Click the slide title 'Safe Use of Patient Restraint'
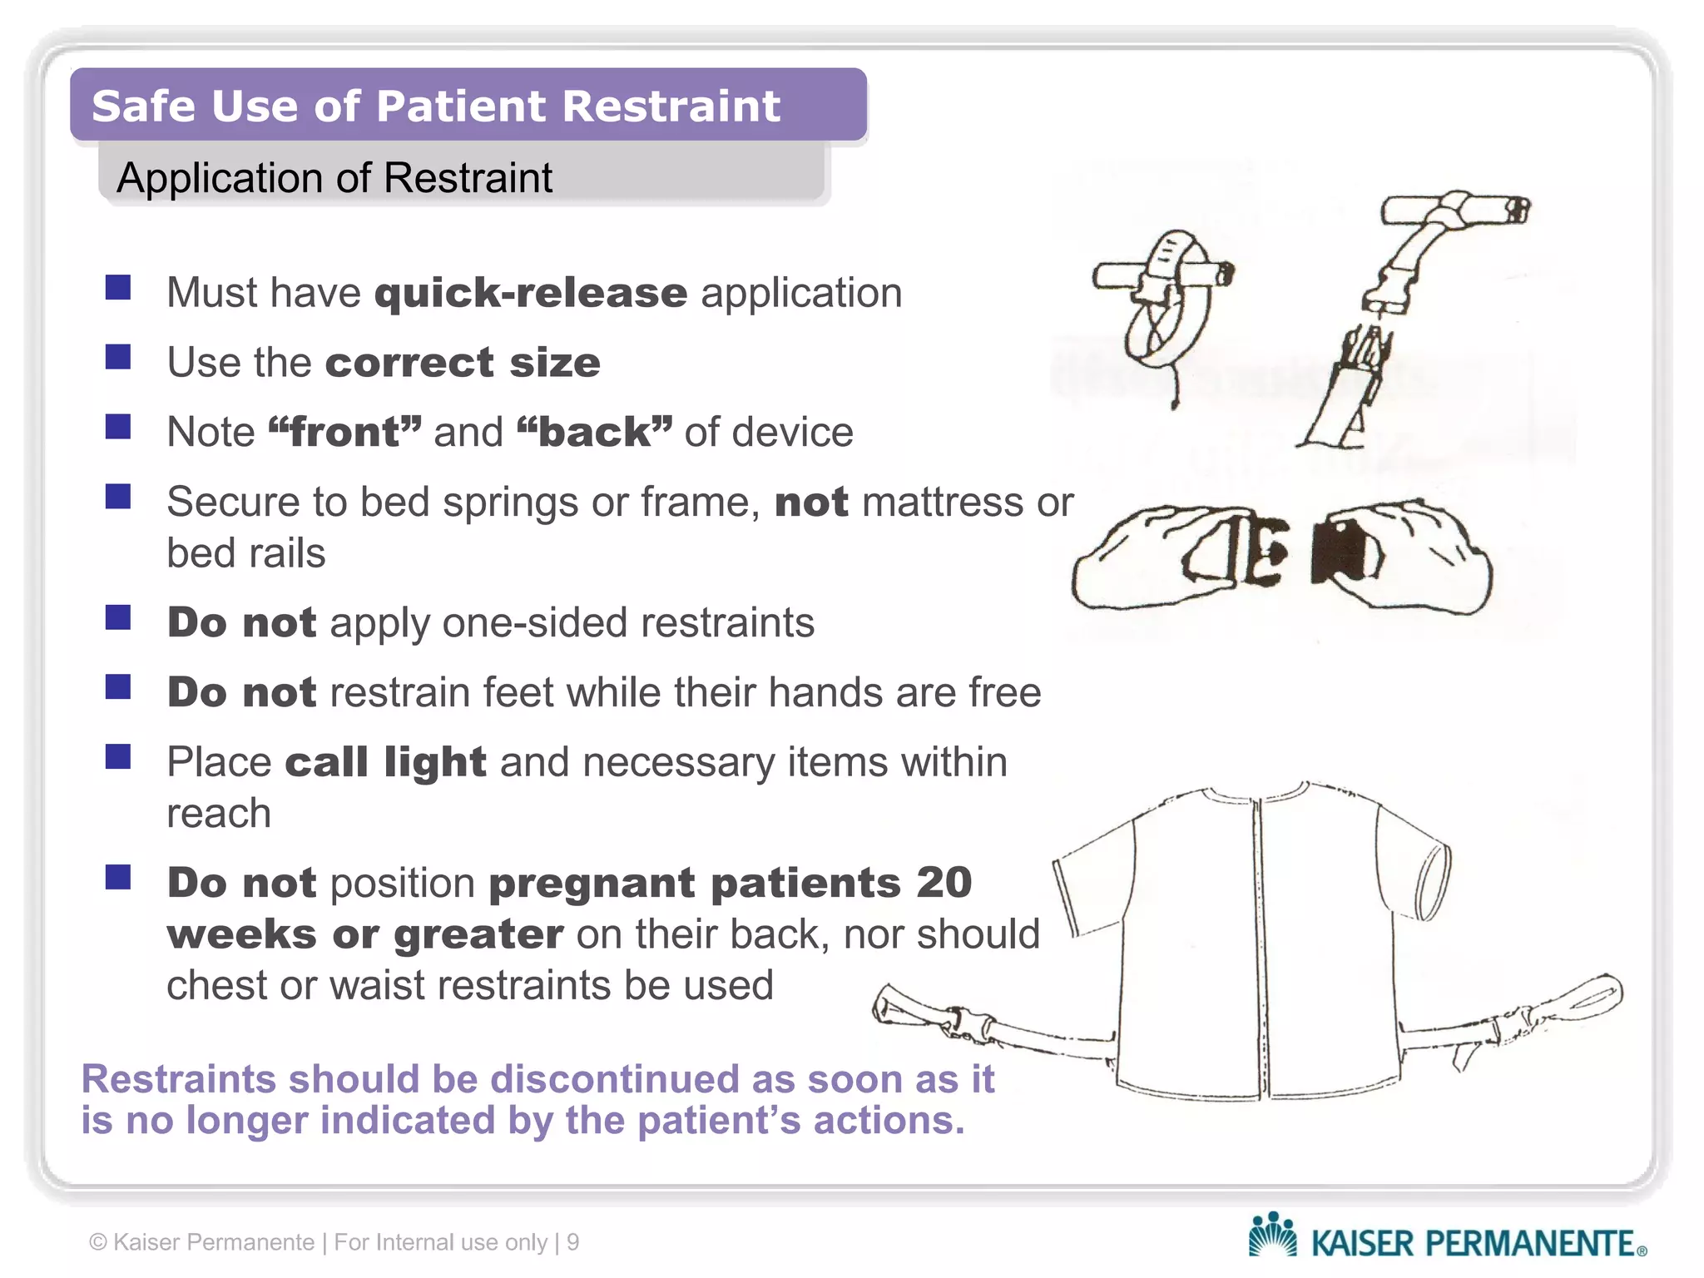click(436, 106)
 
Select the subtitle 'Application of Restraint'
click(334, 178)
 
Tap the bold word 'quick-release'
click(531, 293)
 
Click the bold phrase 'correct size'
click(463, 363)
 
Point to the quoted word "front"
click(344, 432)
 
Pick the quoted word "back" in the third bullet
click(593, 432)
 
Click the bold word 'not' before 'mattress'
click(811, 502)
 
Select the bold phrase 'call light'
click(385, 762)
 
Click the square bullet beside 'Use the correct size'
click(118, 357)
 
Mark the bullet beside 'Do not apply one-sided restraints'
click(118, 617)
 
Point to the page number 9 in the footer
click(572, 1242)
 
